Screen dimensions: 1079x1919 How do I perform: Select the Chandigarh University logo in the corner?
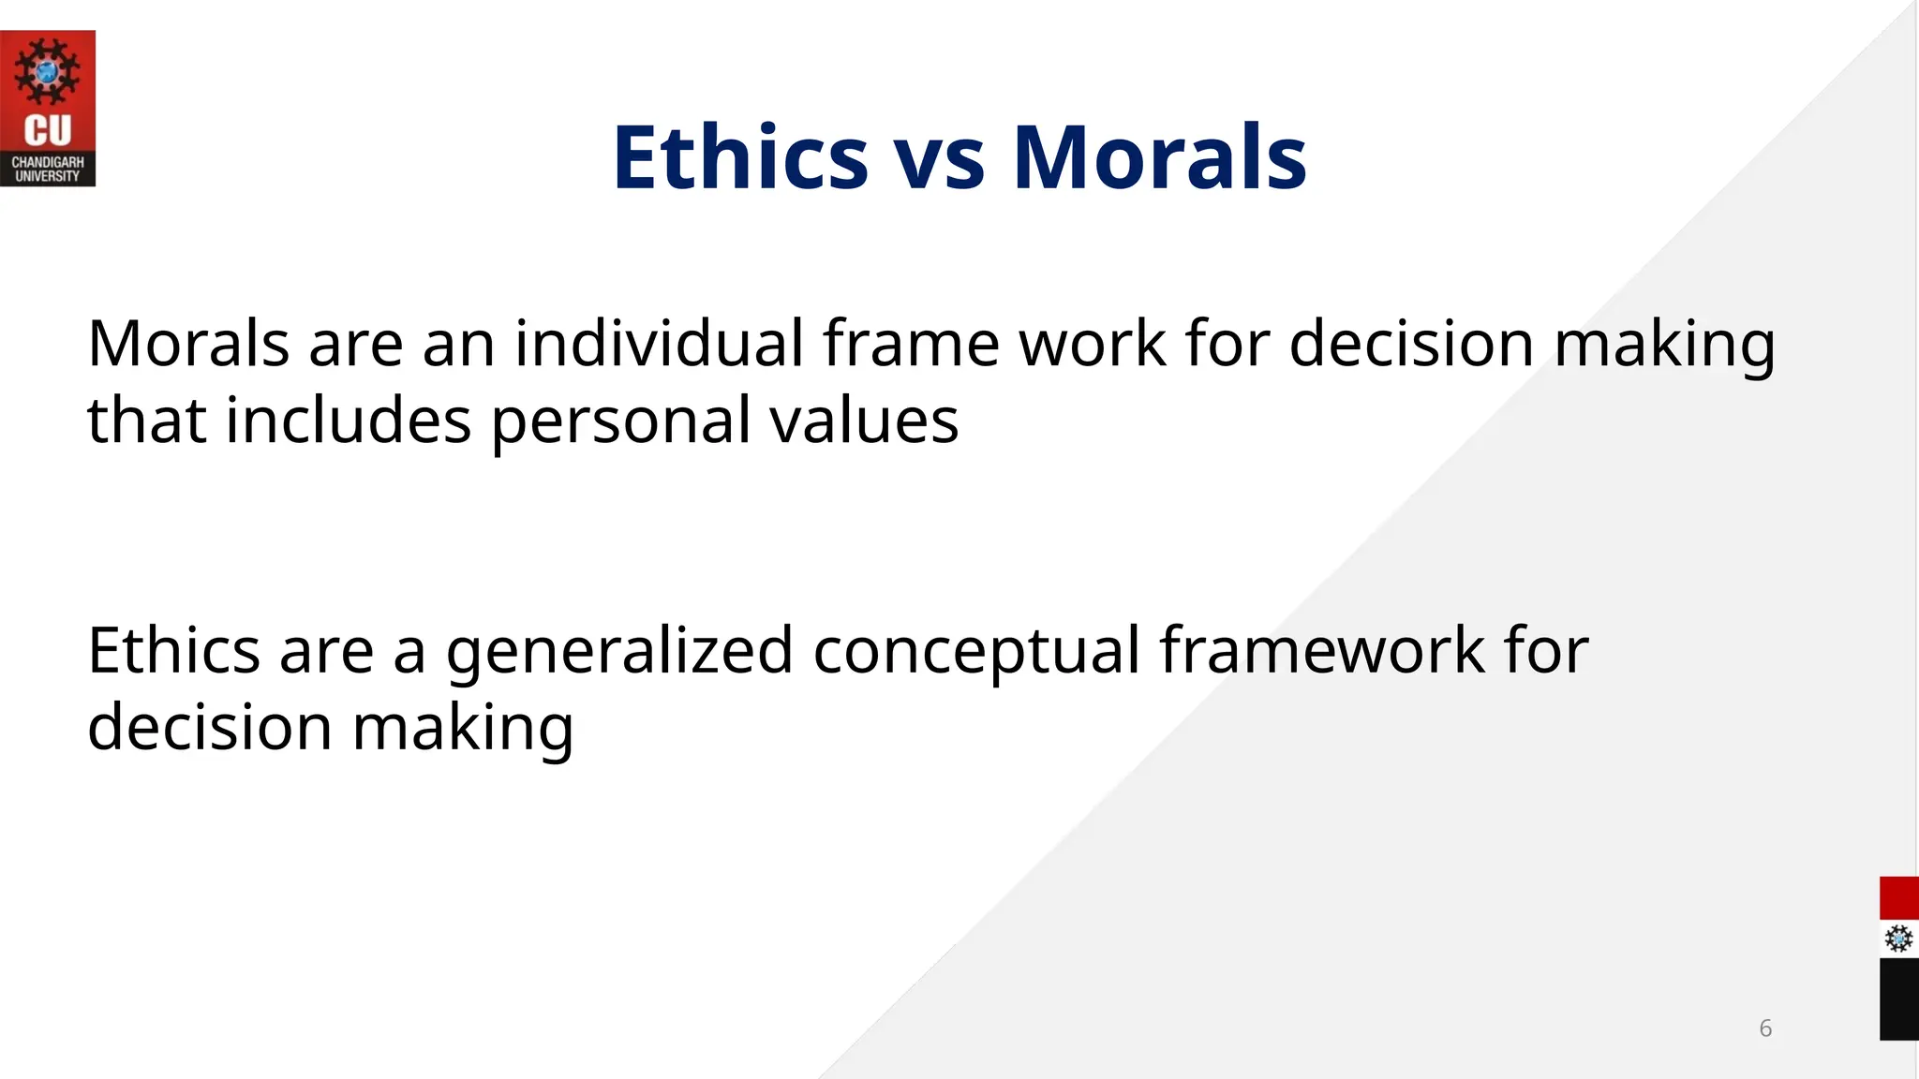[47, 109]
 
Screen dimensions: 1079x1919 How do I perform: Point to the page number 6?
[1765, 1028]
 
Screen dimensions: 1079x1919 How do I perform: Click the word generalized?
[619, 652]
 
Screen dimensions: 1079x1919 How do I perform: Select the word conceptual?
[975, 652]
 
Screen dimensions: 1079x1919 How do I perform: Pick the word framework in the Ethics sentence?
[1322, 650]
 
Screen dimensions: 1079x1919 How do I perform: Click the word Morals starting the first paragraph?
[188, 343]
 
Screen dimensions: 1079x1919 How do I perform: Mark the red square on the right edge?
[1899, 898]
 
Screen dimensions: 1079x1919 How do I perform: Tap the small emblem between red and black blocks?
[1899, 939]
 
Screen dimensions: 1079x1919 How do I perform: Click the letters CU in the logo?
[47, 131]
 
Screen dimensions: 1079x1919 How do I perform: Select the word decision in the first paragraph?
[1411, 343]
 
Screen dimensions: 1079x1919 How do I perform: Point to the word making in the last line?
[463, 729]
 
